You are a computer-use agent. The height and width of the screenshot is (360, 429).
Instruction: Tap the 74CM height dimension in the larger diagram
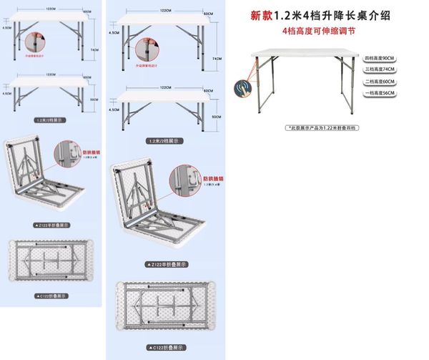point(218,58)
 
